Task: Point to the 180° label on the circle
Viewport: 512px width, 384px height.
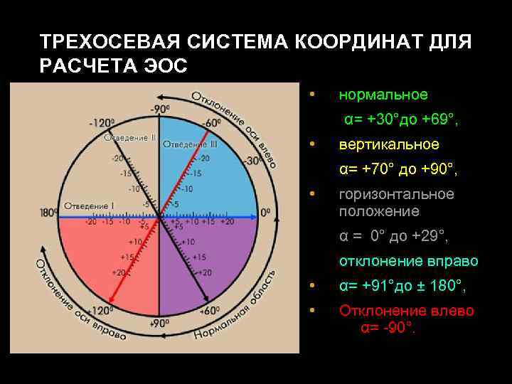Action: pyautogui.click(x=49, y=213)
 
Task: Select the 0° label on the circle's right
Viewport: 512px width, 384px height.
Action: pyautogui.click(x=266, y=213)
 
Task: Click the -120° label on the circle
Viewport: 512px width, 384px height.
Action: pyautogui.click(x=102, y=122)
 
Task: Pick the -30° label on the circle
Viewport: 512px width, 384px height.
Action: pyautogui.click(x=252, y=161)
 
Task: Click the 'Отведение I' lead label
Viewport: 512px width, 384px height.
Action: pyautogui.click(x=88, y=206)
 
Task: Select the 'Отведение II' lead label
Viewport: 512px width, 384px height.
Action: pyautogui.click(x=130, y=137)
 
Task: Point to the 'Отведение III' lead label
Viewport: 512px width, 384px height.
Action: pyautogui.click(x=190, y=144)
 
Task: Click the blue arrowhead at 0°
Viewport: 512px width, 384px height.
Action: pyautogui.click(x=254, y=216)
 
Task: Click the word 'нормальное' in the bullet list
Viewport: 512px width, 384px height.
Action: pyautogui.click(x=383, y=95)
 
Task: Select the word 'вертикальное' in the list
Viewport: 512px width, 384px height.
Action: pyautogui.click(x=389, y=144)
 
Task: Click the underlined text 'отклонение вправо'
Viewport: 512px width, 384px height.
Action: pyautogui.click(x=408, y=262)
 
